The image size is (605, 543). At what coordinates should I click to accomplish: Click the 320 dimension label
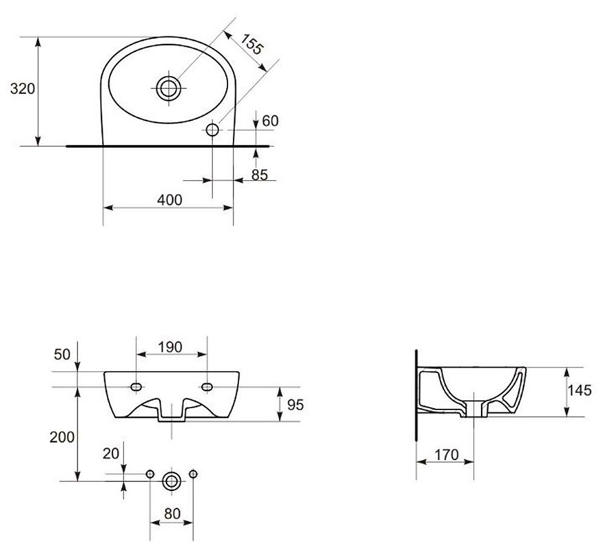pyautogui.click(x=22, y=89)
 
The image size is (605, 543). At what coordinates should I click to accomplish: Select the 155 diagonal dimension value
pyautogui.click(x=252, y=44)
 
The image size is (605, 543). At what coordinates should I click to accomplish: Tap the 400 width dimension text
pyautogui.click(x=170, y=200)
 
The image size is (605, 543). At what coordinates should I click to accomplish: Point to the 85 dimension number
pyautogui.click(x=260, y=175)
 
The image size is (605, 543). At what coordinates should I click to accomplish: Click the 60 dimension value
pyautogui.click(x=270, y=121)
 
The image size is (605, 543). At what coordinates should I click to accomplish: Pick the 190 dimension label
pyautogui.click(x=170, y=347)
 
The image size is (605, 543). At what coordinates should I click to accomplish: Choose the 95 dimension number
pyautogui.click(x=296, y=405)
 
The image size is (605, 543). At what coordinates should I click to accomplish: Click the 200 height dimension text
pyautogui.click(x=62, y=437)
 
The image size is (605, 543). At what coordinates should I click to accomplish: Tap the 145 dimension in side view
pyautogui.click(x=579, y=390)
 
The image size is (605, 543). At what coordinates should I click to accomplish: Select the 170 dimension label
pyautogui.click(x=447, y=455)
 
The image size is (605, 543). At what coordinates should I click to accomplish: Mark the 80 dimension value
pyautogui.click(x=172, y=514)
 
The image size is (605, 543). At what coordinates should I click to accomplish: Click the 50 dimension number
pyautogui.click(x=62, y=354)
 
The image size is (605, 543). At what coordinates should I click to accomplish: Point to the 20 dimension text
pyautogui.click(x=111, y=454)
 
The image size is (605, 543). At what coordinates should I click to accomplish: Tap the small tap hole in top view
pyautogui.click(x=212, y=130)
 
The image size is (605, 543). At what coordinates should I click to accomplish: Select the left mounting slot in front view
pyautogui.click(x=136, y=387)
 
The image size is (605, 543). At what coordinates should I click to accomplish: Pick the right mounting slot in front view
pyautogui.click(x=207, y=387)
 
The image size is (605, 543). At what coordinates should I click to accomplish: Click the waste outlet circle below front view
pyautogui.click(x=171, y=481)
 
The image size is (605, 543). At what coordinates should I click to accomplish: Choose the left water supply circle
pyautogui.click(x=150, y=473)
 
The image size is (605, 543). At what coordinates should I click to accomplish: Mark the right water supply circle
pyautogui.click(x=194, y=473)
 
